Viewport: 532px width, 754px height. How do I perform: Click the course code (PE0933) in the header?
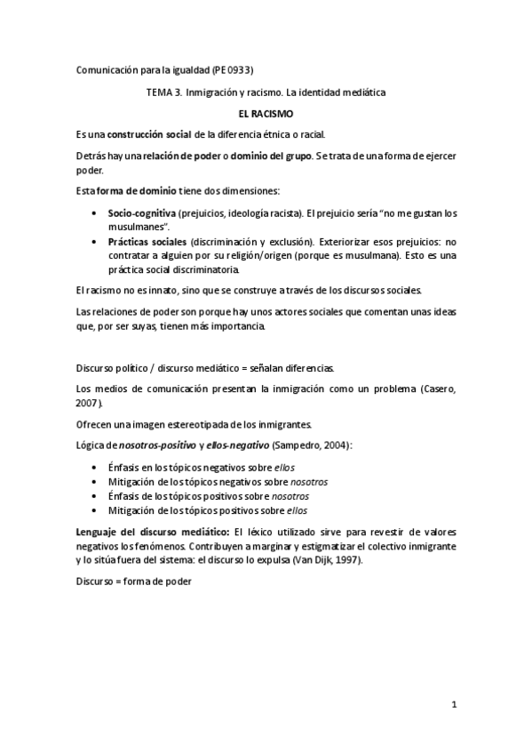pos(239,70)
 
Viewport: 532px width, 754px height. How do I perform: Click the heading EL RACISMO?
pos(266,114)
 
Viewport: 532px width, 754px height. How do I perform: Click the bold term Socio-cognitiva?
pos(142,214)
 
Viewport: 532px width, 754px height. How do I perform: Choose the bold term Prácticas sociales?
pos(141,242)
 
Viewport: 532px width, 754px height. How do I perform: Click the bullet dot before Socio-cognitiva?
pos(96,214)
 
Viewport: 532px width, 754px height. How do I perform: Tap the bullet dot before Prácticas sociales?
pos(96,242)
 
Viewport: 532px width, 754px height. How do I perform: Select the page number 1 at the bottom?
pos(453,706)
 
